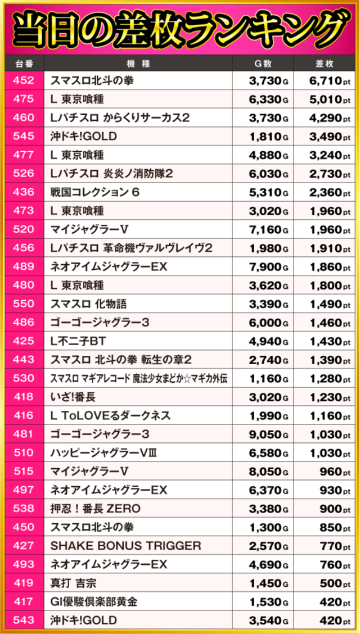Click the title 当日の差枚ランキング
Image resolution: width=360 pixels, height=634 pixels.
tap(180, 30)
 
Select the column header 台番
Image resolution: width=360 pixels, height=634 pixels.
tap(24, 64)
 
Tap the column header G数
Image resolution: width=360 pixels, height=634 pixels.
tap(263, 64)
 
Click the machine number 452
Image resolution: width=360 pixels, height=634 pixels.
tap(24, 81)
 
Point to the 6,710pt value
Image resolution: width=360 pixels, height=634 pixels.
tap(324, 81)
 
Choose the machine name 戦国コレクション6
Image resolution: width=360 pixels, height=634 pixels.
tap(95, 192)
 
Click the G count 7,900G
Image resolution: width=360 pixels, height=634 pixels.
tap(268, 267)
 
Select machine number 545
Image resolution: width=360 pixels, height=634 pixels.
tap(24, 137)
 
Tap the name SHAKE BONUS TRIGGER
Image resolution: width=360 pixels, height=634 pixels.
tap(125, 546)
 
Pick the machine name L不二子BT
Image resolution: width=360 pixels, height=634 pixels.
tap(78, 341)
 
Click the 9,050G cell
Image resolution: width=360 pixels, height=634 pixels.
tap(268, 434)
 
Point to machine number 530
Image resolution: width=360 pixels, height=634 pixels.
tap(24, 378)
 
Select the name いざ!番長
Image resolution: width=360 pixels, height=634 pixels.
tap(73, 397)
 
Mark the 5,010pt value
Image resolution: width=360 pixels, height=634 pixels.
tap(324, 99)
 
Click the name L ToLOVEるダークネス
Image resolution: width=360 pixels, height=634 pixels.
tap(110, 416)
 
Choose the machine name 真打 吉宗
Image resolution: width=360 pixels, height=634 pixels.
tap(73, 583)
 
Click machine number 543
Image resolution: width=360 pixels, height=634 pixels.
tap(24, 621)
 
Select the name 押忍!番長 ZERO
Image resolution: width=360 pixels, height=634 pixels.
tap(96, 509)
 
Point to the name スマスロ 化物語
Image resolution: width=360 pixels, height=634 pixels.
tap(88, 304)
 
